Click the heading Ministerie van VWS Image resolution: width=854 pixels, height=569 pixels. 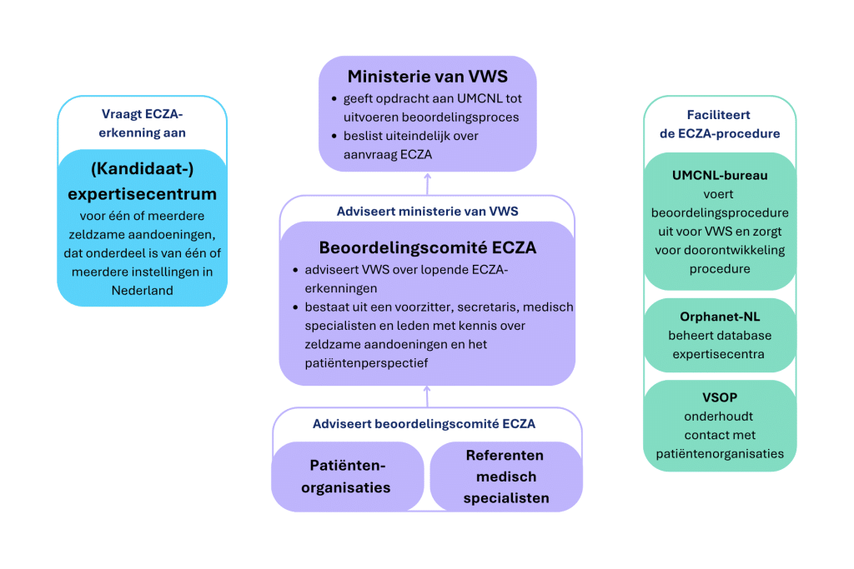point(427,77)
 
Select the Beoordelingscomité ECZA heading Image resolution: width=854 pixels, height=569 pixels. point(427,247)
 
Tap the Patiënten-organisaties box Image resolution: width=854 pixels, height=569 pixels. point(348,477)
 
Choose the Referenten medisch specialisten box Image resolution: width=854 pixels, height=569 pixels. point(505,477)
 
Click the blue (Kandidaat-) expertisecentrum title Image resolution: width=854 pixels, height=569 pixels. point(142,182)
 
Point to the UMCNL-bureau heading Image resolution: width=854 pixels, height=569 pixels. point(720,176)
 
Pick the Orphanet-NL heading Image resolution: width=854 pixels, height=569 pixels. point(720,317)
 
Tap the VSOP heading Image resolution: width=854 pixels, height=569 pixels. point(720,397)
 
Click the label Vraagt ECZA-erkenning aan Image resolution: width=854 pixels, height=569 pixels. point(142,124)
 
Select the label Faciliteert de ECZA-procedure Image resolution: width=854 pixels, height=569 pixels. point(721,124)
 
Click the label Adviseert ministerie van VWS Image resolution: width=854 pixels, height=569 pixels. point(427,211)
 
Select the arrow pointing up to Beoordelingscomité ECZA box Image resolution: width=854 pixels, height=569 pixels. point(427,396)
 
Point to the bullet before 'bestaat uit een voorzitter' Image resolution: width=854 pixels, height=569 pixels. point(296,307)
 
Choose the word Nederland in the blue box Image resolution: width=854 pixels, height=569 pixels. point(142,290)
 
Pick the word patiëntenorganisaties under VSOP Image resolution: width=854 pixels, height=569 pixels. point(720,453)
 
